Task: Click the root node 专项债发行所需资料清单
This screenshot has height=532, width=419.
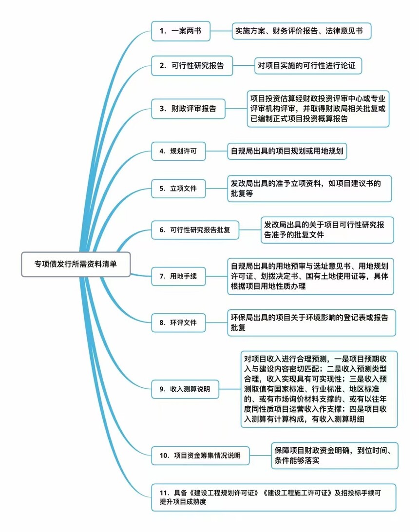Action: point(76,264)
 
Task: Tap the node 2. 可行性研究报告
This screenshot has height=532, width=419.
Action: point(192,66)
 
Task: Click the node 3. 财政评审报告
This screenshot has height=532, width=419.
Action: point(188,109)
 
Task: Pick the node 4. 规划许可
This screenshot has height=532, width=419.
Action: point(178,152)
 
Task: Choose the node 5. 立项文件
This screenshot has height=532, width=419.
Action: point(178,188)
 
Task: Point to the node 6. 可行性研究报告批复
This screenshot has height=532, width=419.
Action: point(195,229)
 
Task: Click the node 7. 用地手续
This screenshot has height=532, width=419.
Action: point(178,276)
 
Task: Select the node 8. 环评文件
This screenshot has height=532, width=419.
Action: point(178,322)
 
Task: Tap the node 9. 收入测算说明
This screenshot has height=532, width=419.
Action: point(185,389)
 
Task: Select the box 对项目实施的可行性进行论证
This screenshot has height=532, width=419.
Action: point(309,66)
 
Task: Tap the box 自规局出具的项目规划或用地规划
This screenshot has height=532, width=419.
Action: point(287,152)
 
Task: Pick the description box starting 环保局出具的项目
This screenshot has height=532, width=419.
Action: point(311,322)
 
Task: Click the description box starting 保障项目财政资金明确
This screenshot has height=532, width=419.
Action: point(336,456)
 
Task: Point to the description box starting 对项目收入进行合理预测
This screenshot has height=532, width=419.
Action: point(319,389)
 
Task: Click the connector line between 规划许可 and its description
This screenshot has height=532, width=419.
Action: point(216,152)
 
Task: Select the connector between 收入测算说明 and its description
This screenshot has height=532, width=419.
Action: point(229,389)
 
